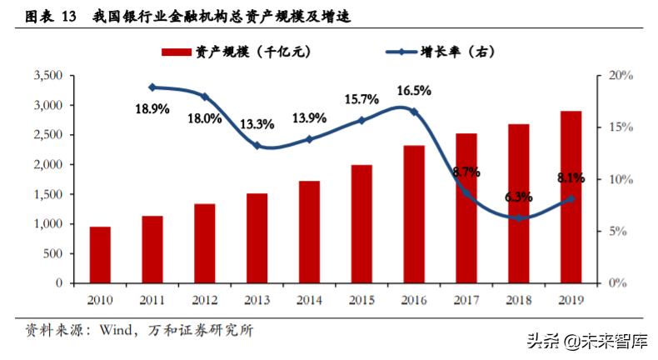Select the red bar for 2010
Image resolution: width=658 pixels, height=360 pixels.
[x=101, y=254]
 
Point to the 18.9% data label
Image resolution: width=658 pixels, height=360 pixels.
[x=152, y=108]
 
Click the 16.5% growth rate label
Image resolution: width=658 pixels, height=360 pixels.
[x=413, y=91]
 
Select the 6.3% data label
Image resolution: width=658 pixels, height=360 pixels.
[x=518, y=197]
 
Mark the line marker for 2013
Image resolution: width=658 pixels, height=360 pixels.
[x=257, y=146]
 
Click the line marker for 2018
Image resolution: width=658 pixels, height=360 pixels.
[x=519, y=217]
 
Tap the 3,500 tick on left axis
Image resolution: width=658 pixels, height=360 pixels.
[x=48, y=76]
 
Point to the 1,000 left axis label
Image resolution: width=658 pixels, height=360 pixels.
[x=48, y=224]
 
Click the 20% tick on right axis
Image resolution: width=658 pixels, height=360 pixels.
[x=621, y=76]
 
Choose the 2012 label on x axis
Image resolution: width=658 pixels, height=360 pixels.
[x=205, y=298]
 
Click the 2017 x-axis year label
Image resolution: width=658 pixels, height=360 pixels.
[x=466, y=298]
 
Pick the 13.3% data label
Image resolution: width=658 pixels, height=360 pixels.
[x=257, y=124]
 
